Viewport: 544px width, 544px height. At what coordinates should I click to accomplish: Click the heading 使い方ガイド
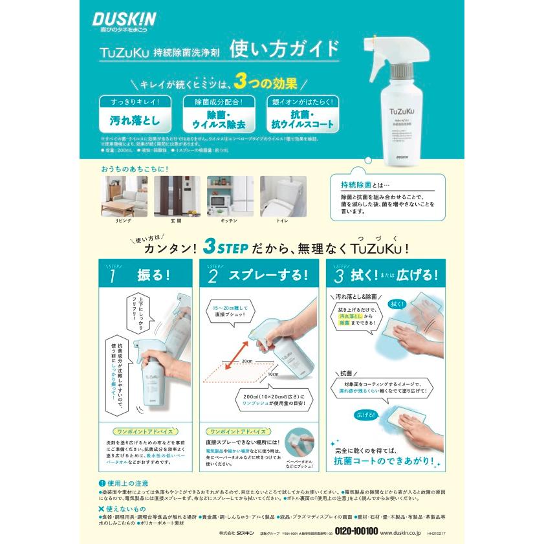pos(285,49)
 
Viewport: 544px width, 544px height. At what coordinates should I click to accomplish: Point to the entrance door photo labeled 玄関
pos(175,196)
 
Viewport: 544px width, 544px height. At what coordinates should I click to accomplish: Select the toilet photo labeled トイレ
pos(283,196)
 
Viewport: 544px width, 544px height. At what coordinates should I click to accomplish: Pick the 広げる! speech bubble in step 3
pos(365,413)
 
